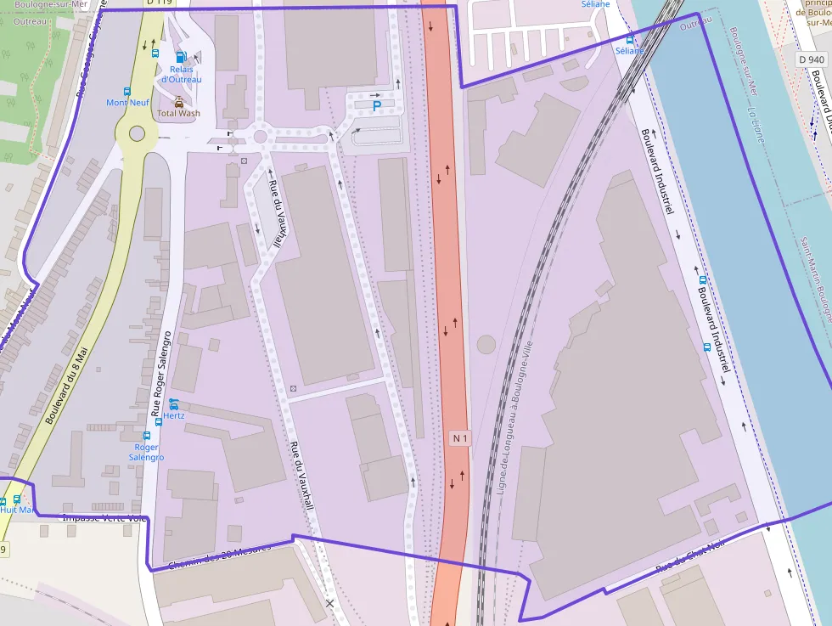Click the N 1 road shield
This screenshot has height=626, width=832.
coord(460,438)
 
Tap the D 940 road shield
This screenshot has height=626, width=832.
coord(812,59)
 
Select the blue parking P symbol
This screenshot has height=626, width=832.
coord(377,105)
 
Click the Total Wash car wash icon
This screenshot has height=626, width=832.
coord(179,101)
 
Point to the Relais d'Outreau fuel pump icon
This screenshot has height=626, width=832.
coord(180,57)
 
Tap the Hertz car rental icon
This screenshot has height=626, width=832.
coord(174,403)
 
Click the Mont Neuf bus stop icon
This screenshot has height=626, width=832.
coord(127,91)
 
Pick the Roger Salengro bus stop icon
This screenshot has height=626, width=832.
coord(147,435)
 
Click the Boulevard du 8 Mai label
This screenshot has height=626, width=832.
coord(66,386)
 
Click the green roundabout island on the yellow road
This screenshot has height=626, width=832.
coord(137,133)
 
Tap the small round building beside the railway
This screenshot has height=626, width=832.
coord(486,344)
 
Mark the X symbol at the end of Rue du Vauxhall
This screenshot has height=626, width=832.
coord(330,603)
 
